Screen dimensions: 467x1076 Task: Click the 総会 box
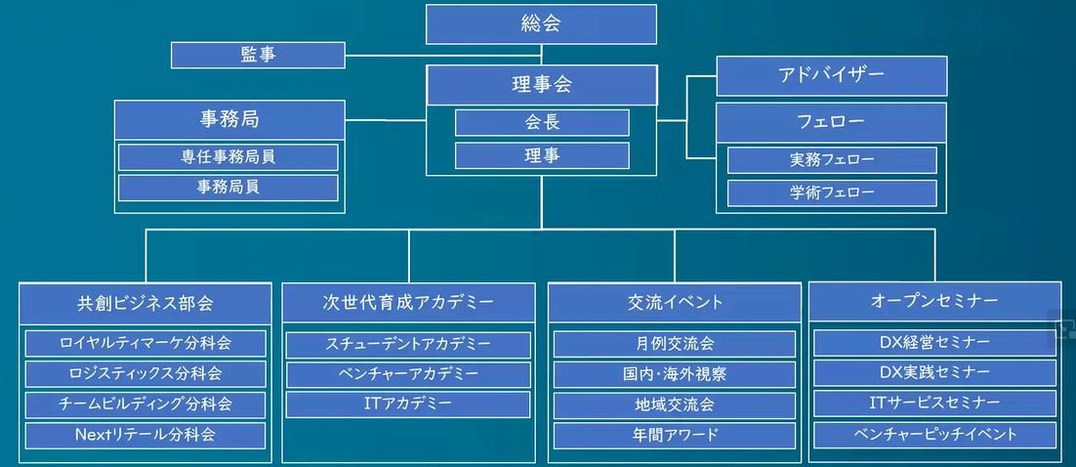tap(541, 23)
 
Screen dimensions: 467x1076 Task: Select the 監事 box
tap(258, 55)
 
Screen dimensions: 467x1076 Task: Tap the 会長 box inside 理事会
tap(542, 122)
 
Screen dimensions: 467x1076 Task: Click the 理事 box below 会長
tap(542, 155)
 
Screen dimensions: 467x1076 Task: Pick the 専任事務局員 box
tap(228, 156)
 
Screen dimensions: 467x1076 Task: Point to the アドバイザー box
tap(831, 75)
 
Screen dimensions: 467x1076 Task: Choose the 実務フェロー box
tap(832, 159)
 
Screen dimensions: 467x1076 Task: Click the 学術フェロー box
tap(832, 191)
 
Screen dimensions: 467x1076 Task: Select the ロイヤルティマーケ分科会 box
tap(145, 343)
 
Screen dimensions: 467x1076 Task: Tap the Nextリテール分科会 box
tap(145, 435)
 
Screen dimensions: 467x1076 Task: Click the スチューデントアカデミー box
tap(408, 344)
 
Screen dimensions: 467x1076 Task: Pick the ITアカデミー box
tap(408, 403)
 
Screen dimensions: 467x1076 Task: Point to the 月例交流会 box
tap(674, 343)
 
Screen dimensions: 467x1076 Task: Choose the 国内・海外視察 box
tap(674, 374)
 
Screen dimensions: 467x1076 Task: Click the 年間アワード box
tap(674, 435)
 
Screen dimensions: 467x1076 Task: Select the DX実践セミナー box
tap(934, 373)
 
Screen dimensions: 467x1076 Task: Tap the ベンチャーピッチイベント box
tap(934, 435)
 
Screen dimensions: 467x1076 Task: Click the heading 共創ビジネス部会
tap(145, 302)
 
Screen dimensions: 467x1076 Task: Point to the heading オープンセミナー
tap(934, 301)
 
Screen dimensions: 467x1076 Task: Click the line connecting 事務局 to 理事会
tap(385, 120)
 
